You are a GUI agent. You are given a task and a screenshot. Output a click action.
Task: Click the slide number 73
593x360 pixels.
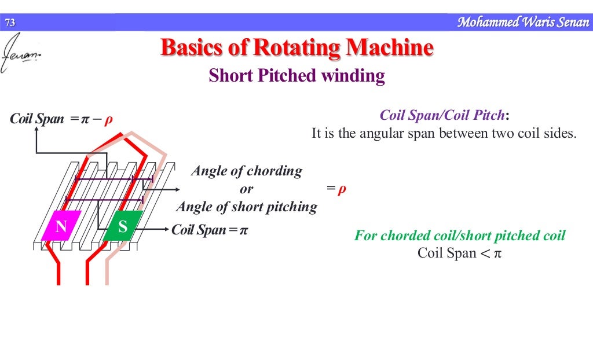(x=9, y=23)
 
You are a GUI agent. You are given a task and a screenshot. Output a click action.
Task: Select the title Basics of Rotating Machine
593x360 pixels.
(x=296, y=47)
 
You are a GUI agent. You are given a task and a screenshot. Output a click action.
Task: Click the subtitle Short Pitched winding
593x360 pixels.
(x=296, y=76)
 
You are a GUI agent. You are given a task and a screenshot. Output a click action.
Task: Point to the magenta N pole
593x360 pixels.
(x=60, y=227)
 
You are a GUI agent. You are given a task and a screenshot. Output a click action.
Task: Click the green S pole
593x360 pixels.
(x=123, y=227)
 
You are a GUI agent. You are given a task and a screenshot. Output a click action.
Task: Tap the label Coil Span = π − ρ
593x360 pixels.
(x=61, y=120)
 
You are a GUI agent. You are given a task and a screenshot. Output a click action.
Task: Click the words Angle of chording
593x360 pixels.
(x=247, y=171)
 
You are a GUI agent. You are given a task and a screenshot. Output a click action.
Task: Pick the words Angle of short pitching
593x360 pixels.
(x=247, y=207)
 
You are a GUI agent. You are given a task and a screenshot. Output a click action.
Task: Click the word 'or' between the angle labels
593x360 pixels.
(x=247, y=189)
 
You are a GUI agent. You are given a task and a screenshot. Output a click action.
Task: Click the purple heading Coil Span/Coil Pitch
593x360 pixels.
(x=444, y=115)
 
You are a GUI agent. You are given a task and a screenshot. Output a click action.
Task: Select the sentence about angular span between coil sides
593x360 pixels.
(x=444, y=133)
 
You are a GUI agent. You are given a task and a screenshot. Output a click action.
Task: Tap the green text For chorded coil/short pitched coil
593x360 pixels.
(x=460, y=236)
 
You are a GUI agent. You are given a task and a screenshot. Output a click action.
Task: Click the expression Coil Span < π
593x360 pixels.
(x=459, y=253)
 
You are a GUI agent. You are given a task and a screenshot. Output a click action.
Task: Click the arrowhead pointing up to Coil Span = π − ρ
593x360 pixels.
(x=36, y=130)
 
